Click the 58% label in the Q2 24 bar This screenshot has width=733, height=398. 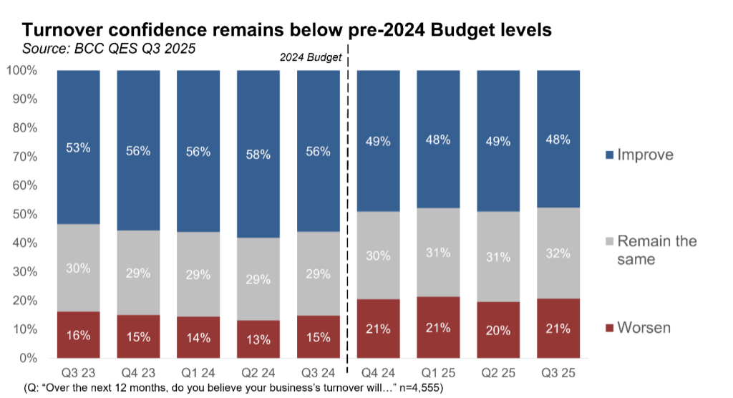[x=258, y=155]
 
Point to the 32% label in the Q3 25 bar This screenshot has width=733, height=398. [x=558, y=253]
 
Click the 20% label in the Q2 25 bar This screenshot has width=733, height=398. [x=498, y=331]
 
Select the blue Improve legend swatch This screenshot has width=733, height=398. [x=609, y=155]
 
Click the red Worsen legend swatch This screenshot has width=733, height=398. [x=609, y=329]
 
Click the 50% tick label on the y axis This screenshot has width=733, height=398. [x=23, y=214]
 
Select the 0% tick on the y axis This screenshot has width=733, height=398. [x=26, y=358]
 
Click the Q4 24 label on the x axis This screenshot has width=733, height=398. [x=378, y=374]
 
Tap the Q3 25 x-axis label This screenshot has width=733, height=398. [x=558, y=374]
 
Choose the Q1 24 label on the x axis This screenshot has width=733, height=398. [x=198, y=374]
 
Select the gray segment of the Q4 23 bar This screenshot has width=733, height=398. [x=139, y=272]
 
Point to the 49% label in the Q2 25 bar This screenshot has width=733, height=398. [x=498, y=142]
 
